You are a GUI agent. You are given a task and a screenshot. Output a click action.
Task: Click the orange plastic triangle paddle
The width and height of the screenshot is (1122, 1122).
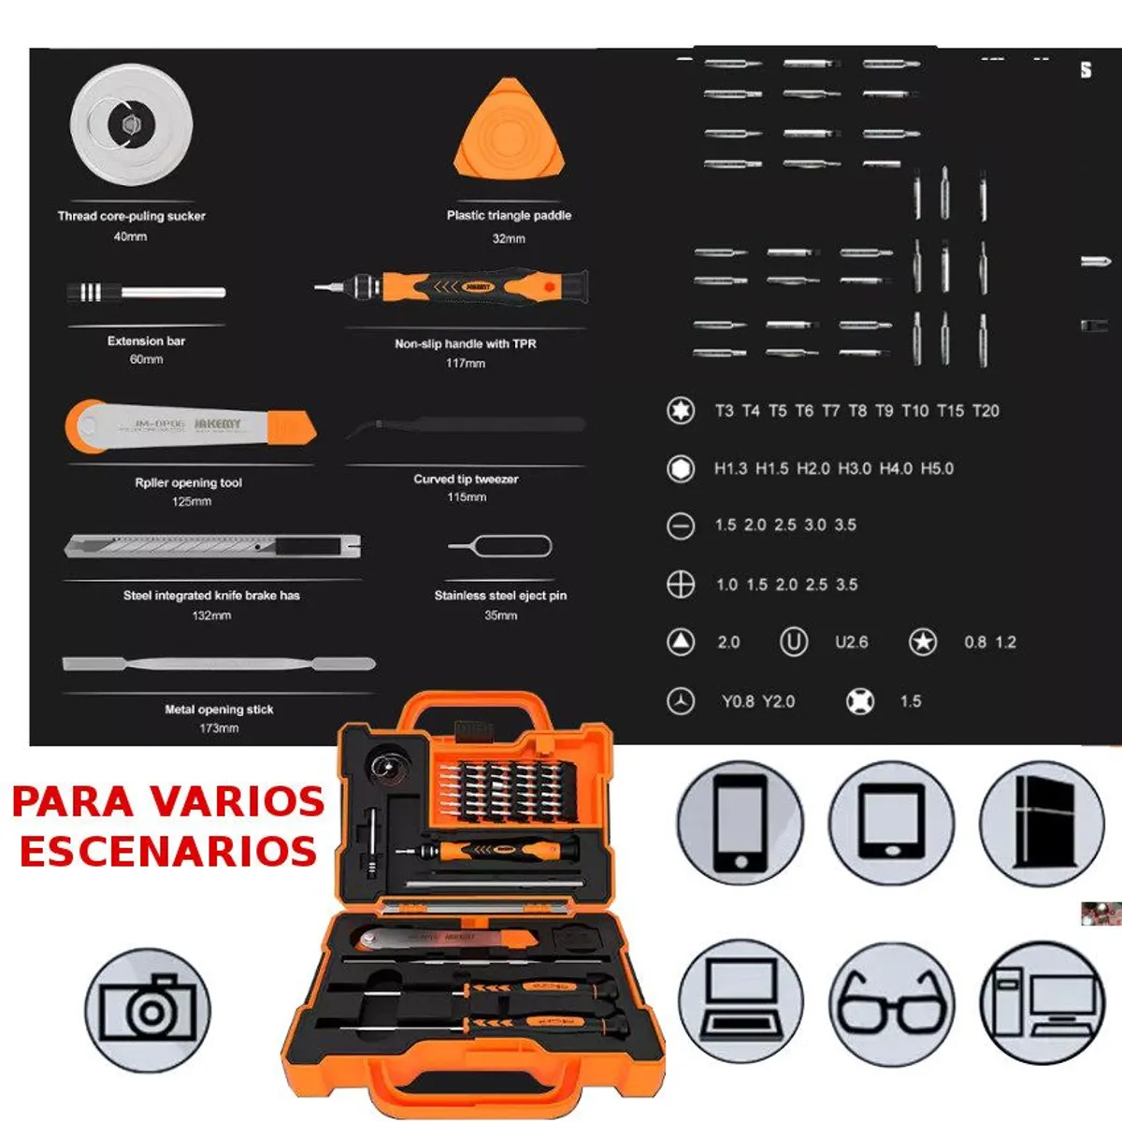[x=511, y=131]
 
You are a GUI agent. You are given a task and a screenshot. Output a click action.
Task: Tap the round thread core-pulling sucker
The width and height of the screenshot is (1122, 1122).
[x=131, y=123]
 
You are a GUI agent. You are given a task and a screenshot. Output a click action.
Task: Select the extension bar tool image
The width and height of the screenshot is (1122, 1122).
[x=147, y=293]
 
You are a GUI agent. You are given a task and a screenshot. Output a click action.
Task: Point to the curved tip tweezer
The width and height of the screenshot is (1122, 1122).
[x=466, y=426]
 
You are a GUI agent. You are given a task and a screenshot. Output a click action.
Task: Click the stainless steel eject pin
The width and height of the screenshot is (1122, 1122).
[x=500, y=546]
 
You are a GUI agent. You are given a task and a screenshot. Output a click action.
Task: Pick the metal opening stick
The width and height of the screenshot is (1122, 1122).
[x=219, y=664]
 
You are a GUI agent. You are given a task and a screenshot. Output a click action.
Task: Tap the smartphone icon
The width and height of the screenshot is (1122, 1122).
[x=740, y=822]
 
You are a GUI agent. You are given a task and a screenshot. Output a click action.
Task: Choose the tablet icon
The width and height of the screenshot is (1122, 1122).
[x=892, y=822]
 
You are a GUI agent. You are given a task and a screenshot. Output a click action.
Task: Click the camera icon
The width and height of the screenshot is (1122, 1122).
[x=148, y=1010]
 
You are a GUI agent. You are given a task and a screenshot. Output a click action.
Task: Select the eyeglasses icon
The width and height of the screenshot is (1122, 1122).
[x=891, y=1001]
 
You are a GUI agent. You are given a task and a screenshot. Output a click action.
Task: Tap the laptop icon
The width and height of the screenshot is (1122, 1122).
[x=740, y=1001]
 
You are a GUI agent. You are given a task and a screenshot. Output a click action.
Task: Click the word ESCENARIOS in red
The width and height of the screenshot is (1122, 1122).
[x=168, y=852]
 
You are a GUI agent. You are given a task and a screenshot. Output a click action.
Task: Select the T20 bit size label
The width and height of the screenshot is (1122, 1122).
[x=985, y=410]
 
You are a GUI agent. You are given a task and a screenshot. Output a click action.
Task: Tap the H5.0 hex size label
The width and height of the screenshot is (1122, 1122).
[x=937, y=468]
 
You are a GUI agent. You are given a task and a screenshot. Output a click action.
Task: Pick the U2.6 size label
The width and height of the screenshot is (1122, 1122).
[x=851, y=642]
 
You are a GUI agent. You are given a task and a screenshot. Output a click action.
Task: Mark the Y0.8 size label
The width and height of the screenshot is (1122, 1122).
[x=738, y=701]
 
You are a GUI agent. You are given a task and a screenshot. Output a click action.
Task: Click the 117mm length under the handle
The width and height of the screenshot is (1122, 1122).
[x=465, y=363]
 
